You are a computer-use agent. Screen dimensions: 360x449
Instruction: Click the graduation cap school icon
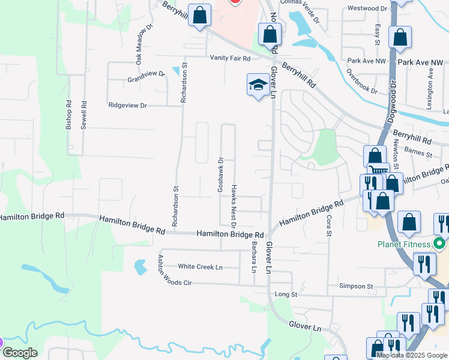[x=258, y=85]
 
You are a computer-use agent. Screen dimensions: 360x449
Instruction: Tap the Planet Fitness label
[x=405, y=244]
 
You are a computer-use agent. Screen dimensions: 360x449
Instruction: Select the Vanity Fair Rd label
[x=229, y=58]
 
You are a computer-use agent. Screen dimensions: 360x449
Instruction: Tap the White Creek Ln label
[x=200, y=266]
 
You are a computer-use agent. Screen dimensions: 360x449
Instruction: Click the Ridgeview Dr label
[x=127, y=105]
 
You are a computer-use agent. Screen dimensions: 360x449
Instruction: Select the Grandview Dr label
[x=146, y=77]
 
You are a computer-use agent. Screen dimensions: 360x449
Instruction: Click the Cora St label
[x=329, y=226]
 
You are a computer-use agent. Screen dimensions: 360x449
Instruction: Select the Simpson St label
[x=357, y=287]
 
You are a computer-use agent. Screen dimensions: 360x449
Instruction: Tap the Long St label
[x=286, y=295]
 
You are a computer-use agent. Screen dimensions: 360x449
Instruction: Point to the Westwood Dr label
[x=368, y=8]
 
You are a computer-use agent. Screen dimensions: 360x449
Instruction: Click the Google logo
[x=20, y=353]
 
